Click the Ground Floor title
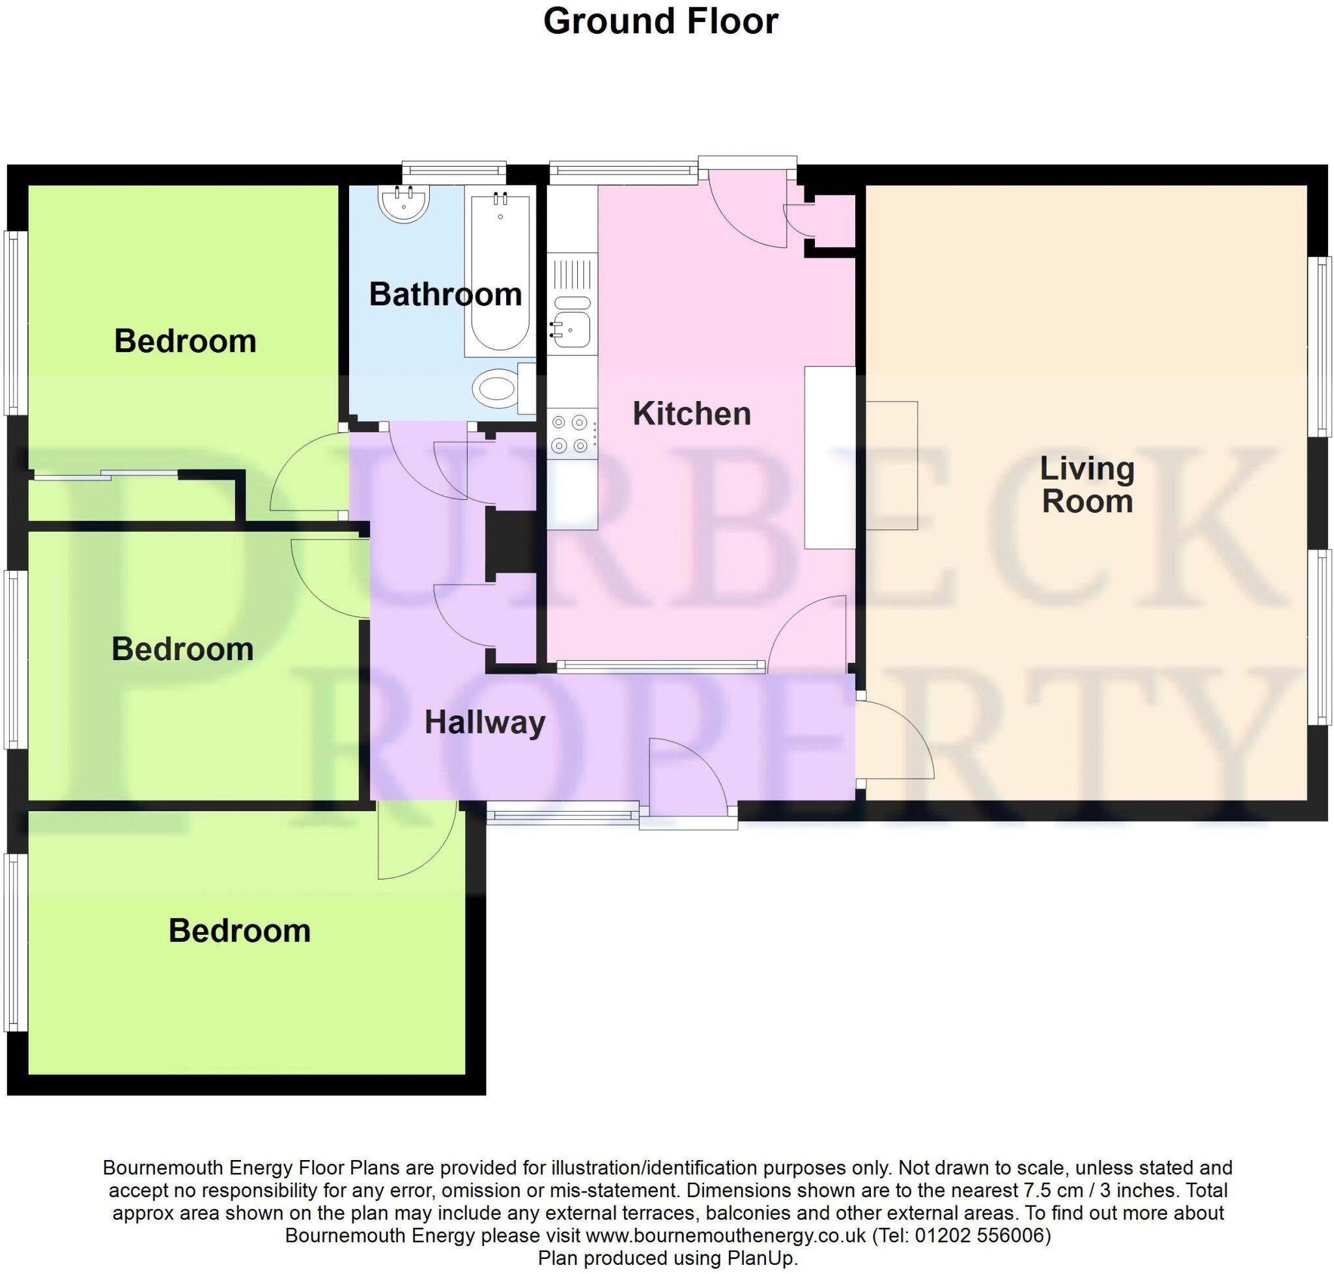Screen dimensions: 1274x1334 coord(660,21)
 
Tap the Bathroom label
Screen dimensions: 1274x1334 coord(445,294)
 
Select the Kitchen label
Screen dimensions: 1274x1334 coord(691,413)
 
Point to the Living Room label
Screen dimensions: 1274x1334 coord(1086,485)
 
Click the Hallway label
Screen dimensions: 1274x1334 coord(485,722)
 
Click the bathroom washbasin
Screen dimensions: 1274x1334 coord(404,203)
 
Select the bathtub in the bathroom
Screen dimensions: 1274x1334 coord(500,271)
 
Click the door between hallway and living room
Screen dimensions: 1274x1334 coord(894,740)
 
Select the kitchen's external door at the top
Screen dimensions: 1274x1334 coord(748,207)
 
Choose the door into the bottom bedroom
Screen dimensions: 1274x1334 coord(416,840)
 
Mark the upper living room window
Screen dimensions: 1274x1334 coord(1320,346)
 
